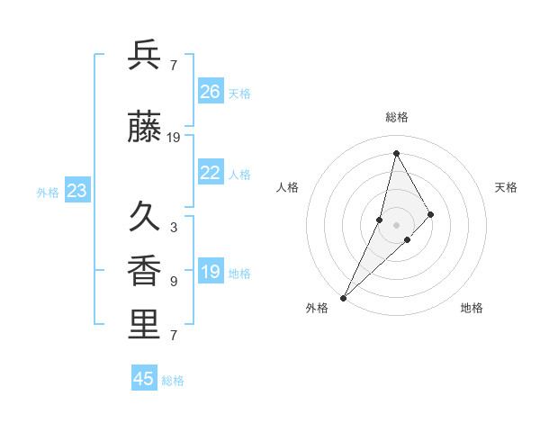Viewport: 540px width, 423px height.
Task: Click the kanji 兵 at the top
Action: click(x=145, y=55)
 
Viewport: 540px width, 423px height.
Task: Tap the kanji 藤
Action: click(x=145, y=128)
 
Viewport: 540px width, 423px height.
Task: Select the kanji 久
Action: click(x=145, y=217)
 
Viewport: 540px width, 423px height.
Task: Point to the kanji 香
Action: click(x=145, y=271)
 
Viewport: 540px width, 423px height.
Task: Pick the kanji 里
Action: click(x=145, y=325)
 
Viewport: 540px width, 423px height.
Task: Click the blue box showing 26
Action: click(x=211, y=92)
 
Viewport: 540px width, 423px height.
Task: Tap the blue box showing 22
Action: click(x=211, y=173)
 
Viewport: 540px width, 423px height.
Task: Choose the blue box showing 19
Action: click(x=211, y=272)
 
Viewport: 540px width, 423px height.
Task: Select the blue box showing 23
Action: click(x=77, y=191)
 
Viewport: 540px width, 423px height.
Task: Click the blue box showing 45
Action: click(x=144, y=379)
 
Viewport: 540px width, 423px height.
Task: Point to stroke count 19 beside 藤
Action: click(x=174, y=138)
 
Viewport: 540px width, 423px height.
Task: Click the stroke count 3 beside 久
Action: click(x=174, y=228)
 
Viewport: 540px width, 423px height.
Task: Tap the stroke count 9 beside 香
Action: click(x=174, y=282)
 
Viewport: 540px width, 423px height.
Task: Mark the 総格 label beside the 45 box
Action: click(x=173, y=381)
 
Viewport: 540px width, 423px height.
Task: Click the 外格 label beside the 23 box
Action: click(x=48, y=192)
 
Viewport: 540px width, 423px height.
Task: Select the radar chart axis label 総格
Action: click(x=397, y=117)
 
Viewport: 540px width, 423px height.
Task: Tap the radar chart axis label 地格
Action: click(x=472, y=308)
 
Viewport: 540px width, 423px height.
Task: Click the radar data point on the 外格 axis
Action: click(x=343, y=297)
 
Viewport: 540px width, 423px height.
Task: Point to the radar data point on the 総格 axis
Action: click(x=396, y=153)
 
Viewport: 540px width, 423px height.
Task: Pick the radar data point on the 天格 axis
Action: click(x=431, y=214)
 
